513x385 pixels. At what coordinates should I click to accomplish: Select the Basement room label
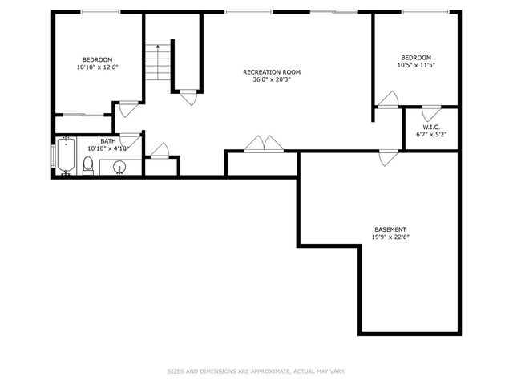(x=390, y=229)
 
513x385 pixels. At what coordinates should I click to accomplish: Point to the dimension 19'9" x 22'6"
(x=390, y=237)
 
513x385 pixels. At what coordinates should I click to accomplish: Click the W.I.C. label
(x=430, y=127)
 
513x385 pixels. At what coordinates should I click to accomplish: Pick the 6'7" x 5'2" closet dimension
(x=430, y=134)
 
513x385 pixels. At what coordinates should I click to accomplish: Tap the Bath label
(x=107, y=141)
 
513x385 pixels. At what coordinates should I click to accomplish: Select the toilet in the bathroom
(x=89, y=166)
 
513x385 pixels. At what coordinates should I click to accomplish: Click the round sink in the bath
(x=119, y=168)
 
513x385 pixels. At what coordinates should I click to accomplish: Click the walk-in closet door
(x=431, y=113)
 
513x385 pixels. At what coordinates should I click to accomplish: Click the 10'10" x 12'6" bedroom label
(x=97, y=63)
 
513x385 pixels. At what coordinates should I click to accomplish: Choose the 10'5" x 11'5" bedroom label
(x=416, y=61)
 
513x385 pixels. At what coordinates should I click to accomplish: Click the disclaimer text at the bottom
(x=256, y=371)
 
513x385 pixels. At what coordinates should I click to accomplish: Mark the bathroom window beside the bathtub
(x=53, y=156)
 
